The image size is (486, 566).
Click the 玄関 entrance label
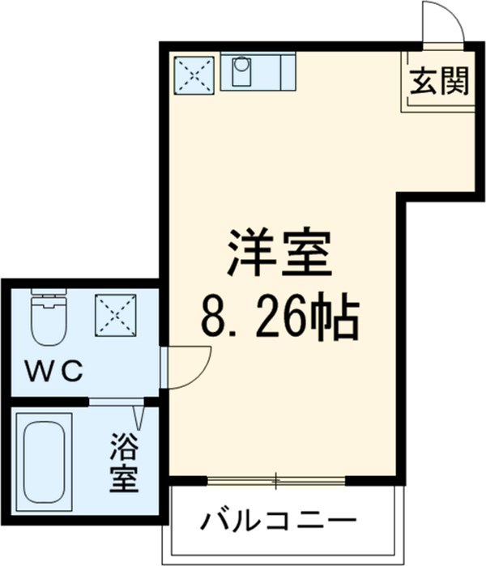click(x=438, y=82)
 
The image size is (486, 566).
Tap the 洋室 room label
click(x=279, y=253)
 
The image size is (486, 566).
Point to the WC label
click(x=54, y=372)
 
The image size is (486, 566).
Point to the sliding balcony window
click(x=276, y=481)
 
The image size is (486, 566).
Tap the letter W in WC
click(x=40, y=372)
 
